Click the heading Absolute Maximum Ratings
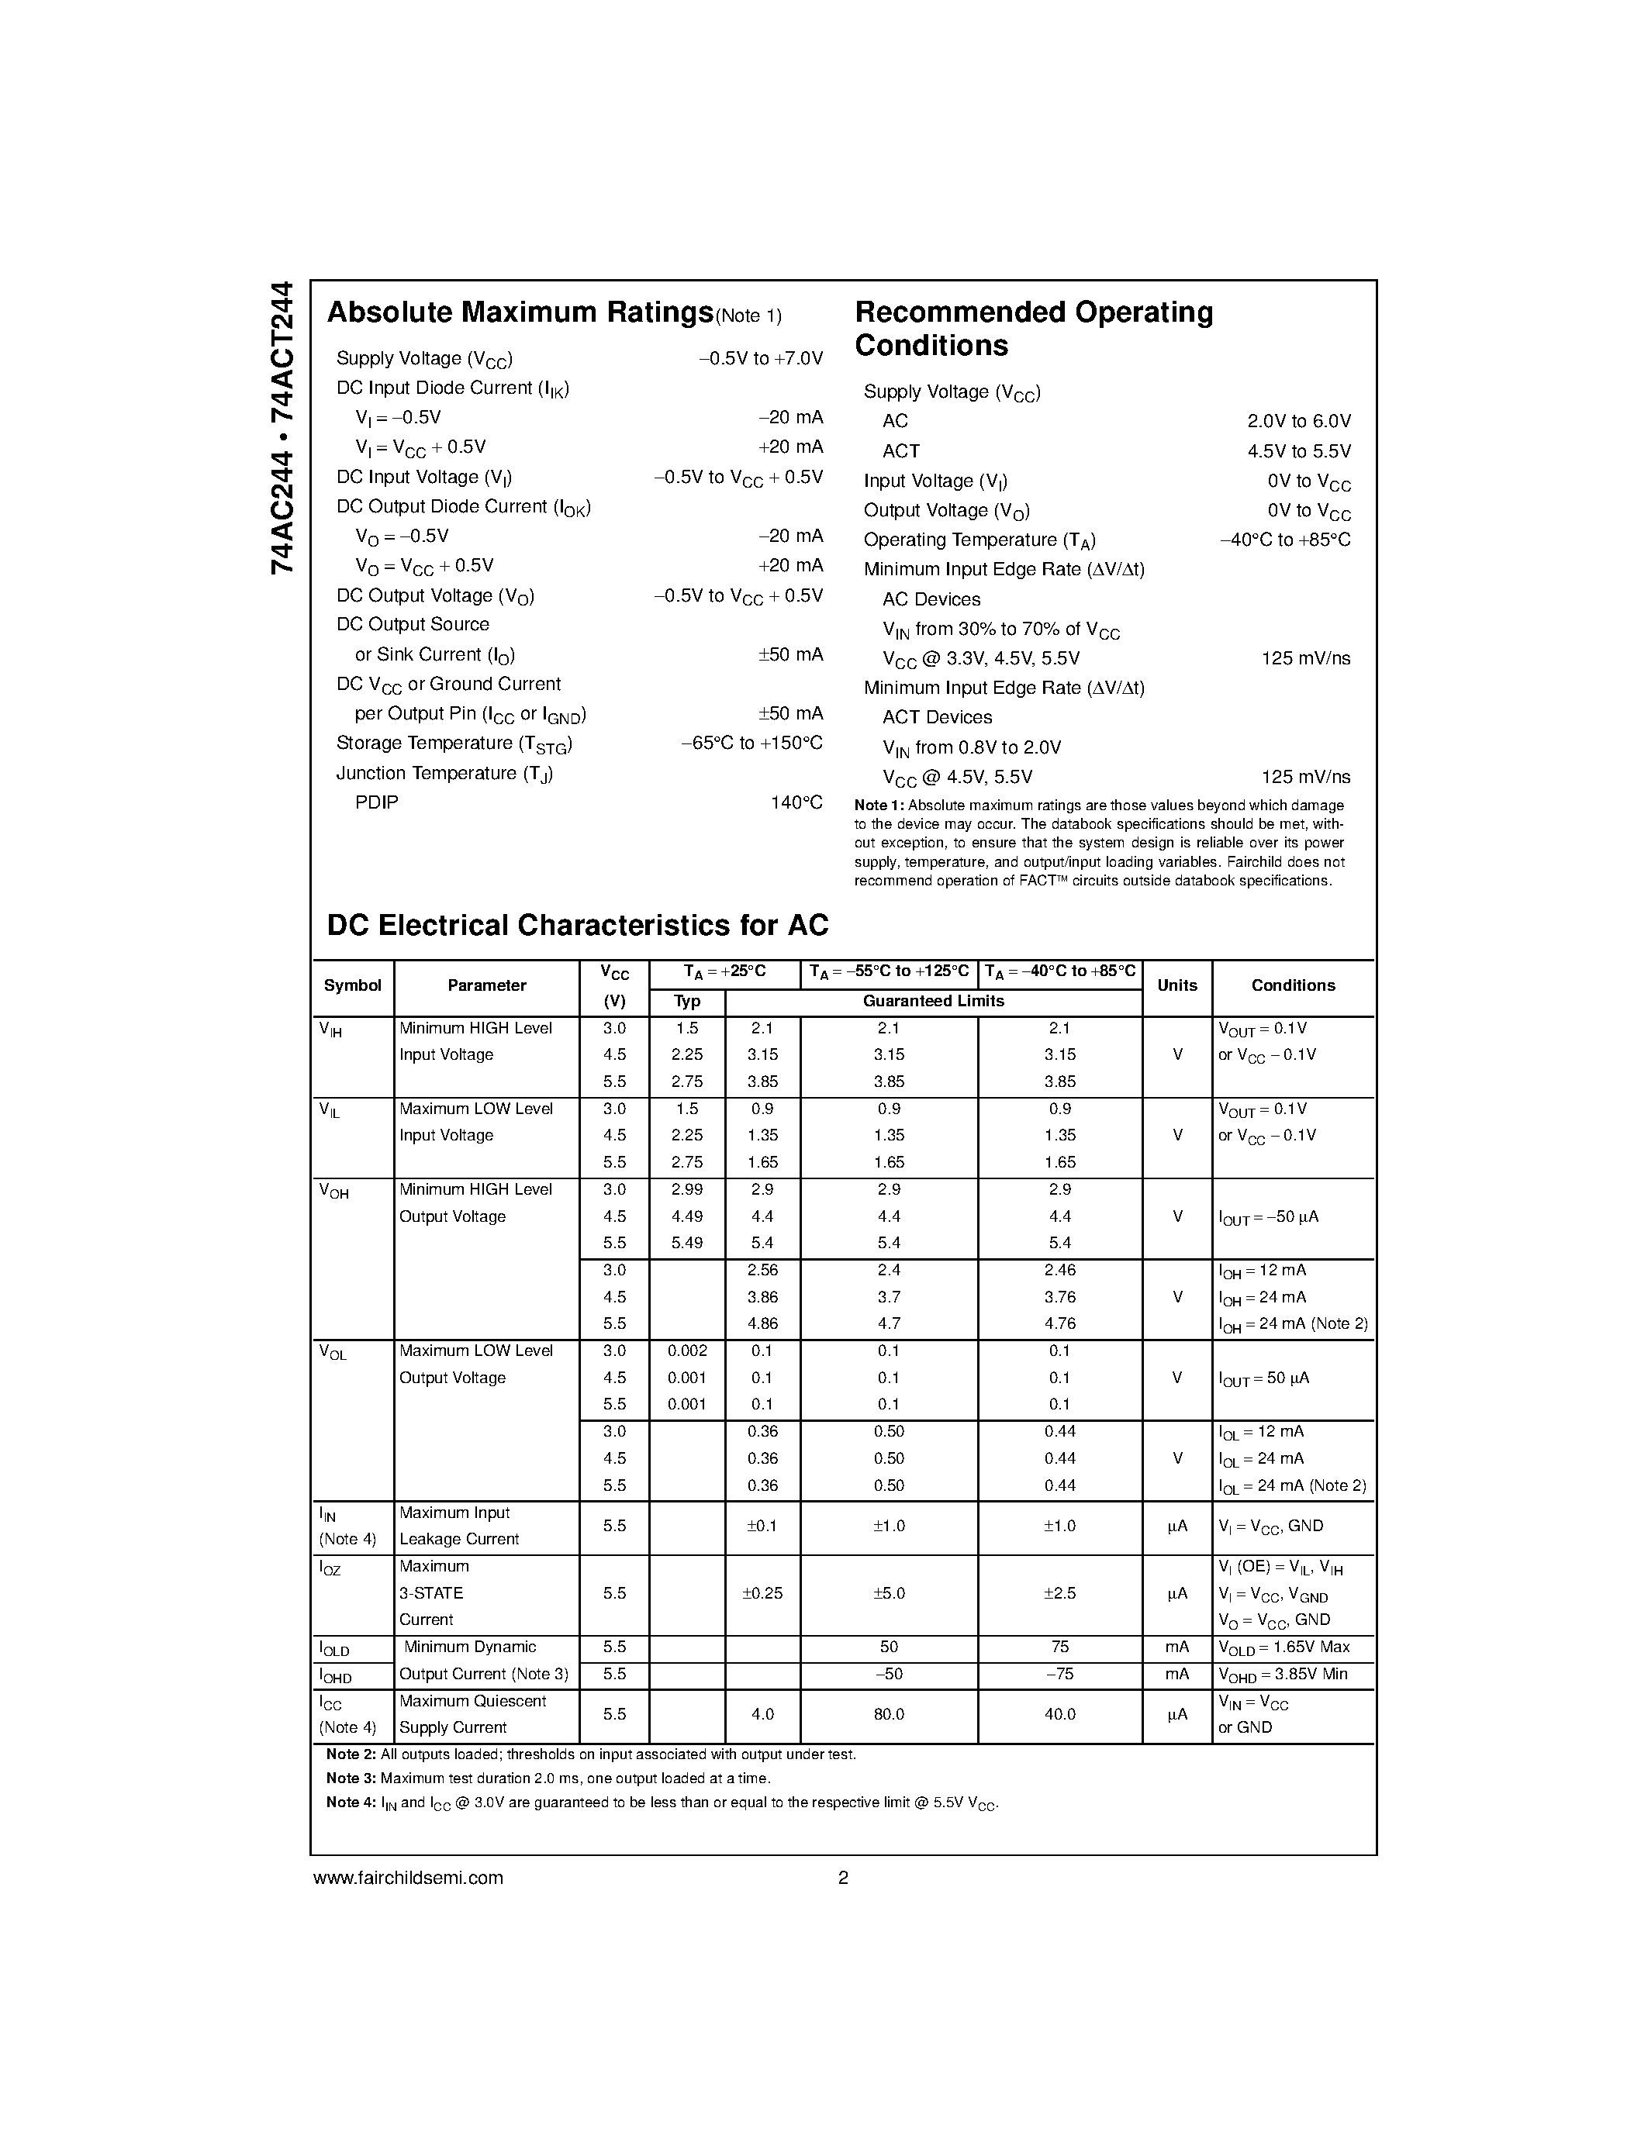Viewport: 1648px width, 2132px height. [520, 312]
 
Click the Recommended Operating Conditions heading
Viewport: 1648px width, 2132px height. [1033, 329]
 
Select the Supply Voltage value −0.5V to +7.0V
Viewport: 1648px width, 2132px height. [761, 358]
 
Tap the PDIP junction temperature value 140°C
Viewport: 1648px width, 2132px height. [796, 802]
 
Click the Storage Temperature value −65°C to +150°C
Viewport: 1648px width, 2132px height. [751, 743]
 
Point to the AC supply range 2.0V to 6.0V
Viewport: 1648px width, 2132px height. [1298, 421]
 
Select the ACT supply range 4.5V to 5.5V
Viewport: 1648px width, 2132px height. [1298, 451]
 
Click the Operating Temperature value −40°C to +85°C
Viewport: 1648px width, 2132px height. [1285, 540]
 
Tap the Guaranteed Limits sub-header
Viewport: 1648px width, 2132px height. [932, 1002]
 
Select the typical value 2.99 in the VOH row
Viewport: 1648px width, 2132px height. [686, 1190]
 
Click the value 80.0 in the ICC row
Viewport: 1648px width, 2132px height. [889, 1714]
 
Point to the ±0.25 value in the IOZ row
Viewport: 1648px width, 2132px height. [762, 1593]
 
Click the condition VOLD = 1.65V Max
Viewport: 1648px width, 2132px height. [1284, 1647]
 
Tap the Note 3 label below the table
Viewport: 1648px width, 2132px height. [351, 1778]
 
